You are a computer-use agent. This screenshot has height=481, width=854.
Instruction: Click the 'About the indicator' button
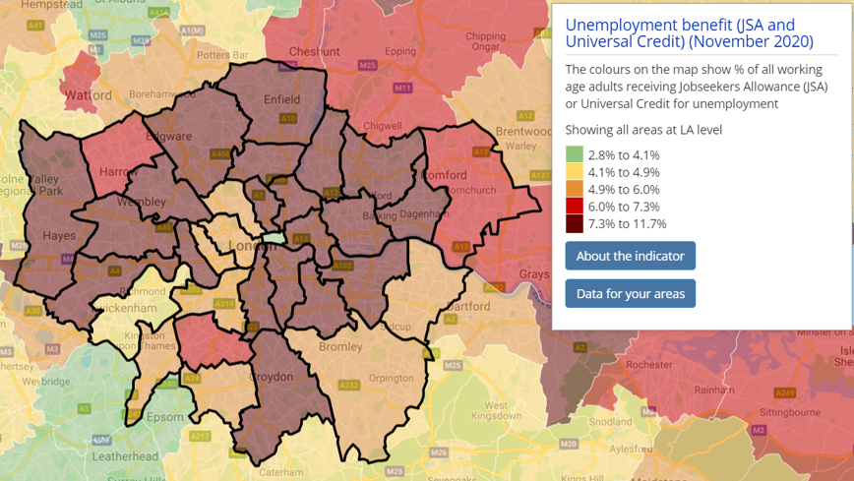click(630, 256)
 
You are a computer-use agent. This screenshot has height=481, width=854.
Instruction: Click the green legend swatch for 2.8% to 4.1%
click(574, 154)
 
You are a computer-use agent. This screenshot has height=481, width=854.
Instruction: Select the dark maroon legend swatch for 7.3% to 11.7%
click(574, 223)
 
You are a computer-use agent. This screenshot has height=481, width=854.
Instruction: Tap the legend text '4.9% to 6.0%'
click(623, 189)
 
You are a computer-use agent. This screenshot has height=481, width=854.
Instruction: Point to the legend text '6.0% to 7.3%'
click(623, 207)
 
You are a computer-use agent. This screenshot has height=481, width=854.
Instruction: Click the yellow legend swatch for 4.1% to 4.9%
click(574, 172)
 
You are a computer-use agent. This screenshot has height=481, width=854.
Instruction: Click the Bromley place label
click(340, 347)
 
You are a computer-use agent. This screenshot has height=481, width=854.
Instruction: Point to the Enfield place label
click(281, 99)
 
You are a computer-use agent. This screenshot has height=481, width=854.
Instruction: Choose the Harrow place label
click(118, 172)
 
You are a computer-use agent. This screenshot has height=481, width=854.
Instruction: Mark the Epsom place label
click(165, 417)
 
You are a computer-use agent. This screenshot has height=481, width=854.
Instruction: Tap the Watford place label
click(90, 96)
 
